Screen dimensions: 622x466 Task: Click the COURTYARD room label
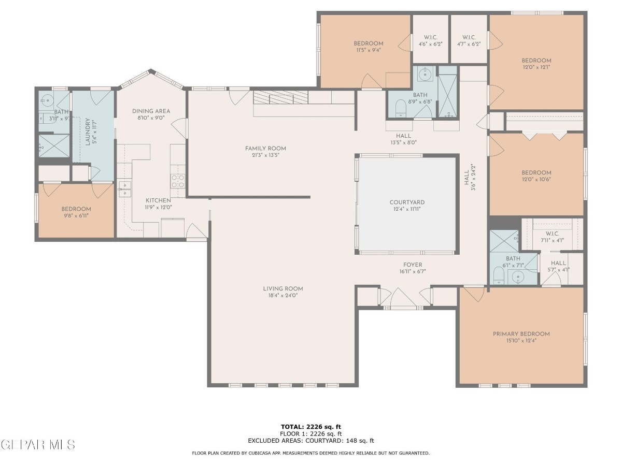(407, 202)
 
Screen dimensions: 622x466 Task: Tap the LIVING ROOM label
(283, 288)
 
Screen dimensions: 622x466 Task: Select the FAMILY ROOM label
(265, 148)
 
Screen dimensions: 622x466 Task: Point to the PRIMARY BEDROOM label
(521, 334)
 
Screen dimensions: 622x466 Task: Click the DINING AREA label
(151, 111)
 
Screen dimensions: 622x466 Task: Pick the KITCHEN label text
(158, 200)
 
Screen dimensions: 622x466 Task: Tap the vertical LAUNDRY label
(88, 132)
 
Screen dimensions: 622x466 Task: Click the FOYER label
(413, 265)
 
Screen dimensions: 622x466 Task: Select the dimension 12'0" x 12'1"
(536, 67)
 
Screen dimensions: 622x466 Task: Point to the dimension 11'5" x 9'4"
(369, 50)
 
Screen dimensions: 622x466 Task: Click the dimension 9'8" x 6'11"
(76, 216)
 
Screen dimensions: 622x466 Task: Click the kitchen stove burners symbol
(178, 181)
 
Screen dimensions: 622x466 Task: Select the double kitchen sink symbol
(125, 189)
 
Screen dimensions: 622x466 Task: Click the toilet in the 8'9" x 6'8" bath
(401, 108)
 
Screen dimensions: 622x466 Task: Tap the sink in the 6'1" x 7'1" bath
(518, 276)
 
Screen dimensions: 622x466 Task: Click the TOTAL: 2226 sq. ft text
(311, 427)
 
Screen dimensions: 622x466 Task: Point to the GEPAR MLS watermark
(38, 444)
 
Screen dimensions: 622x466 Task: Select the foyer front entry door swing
(403, 298)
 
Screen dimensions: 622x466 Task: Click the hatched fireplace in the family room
(280, 97)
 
